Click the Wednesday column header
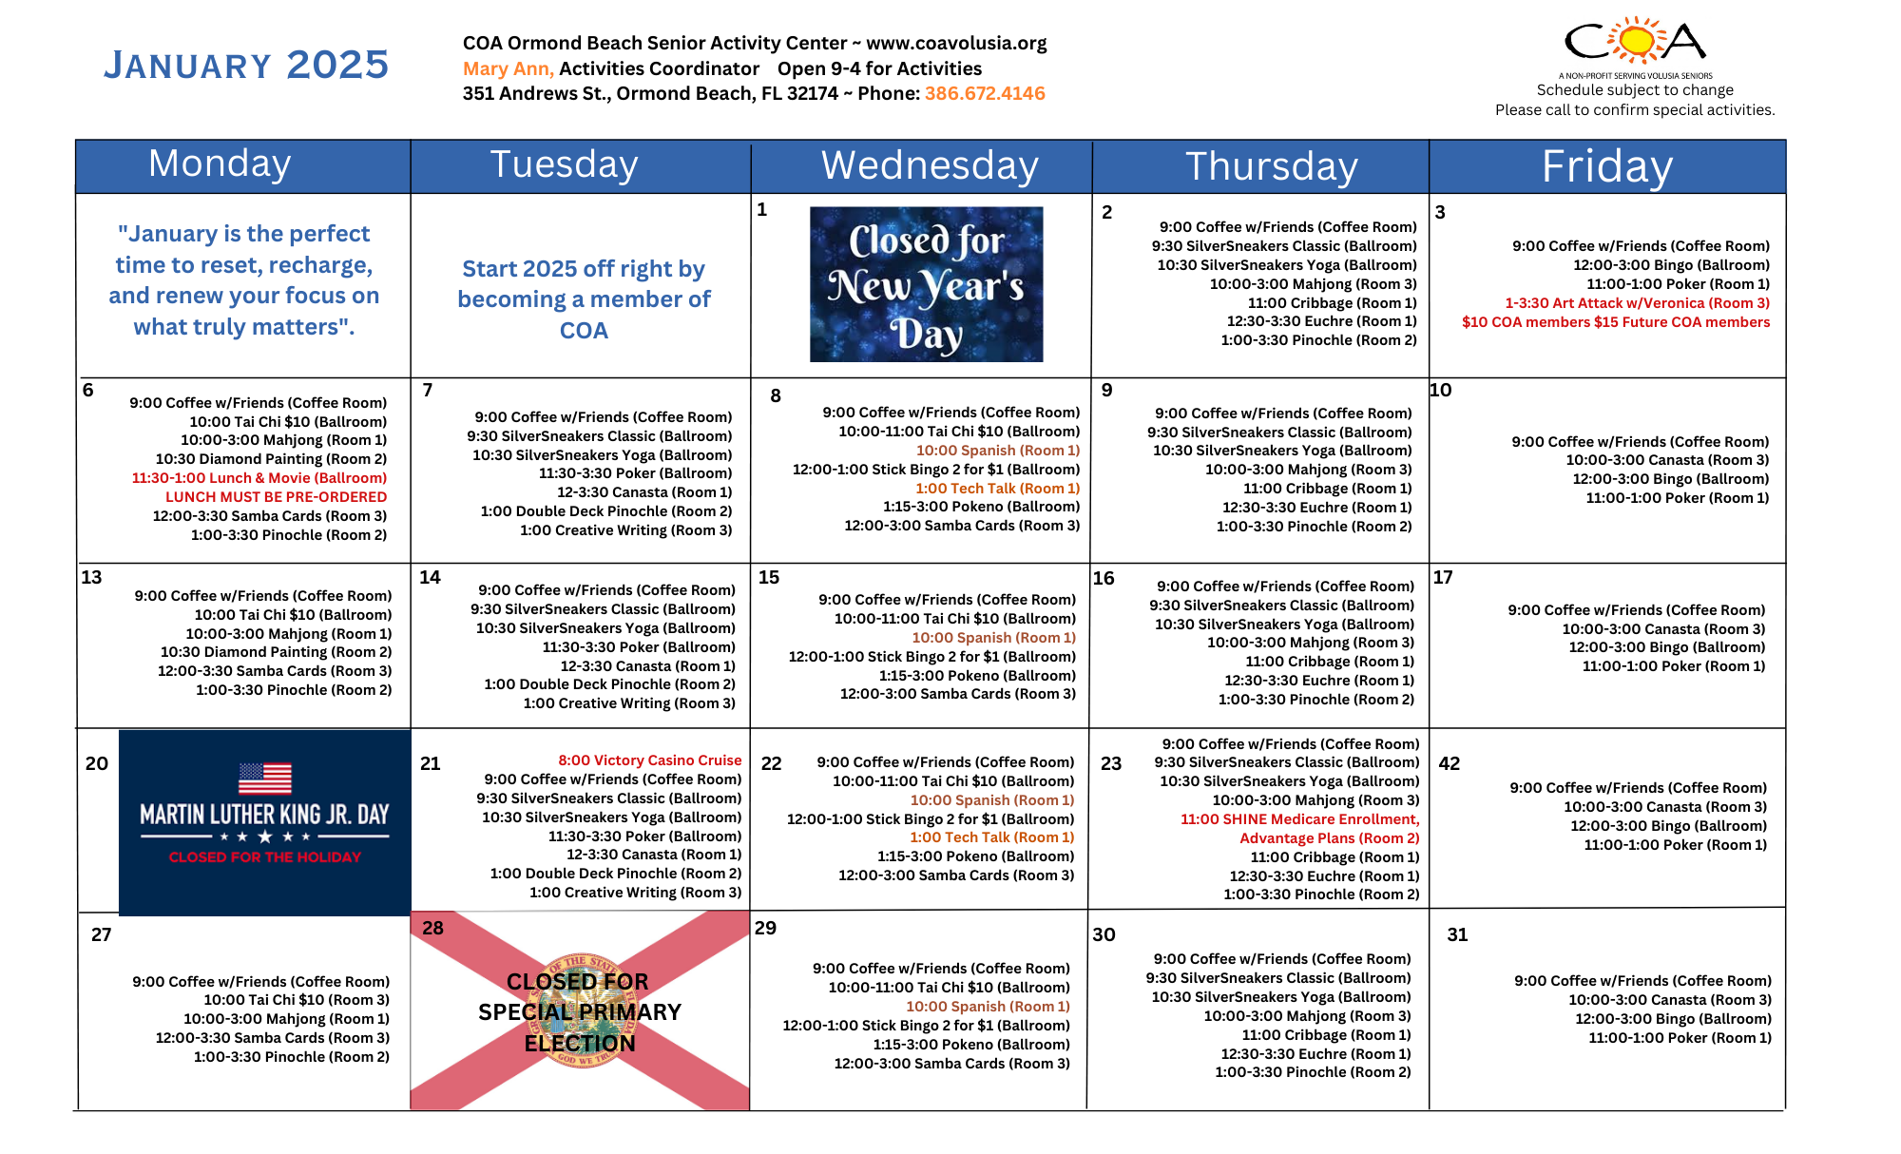[x=929, y=166]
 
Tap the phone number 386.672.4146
[x=985, y=93]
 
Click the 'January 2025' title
[x=246, y=65]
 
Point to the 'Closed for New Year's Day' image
[x=926, y=284]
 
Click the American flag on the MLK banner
[x=264, y=778]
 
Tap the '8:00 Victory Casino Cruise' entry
[x=649, y=760]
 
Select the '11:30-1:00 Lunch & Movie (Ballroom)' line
[x=259, y=478]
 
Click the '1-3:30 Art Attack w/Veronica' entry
[x=1637, y=303]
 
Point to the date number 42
[x=1449, y=763]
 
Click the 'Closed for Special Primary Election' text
[x=579, y=1012]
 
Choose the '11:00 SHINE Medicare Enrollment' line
[x=1299, y=819]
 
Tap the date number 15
[x=769, y=577]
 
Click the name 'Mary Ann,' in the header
[x=508, y=68]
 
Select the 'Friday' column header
[x=1606, y=167]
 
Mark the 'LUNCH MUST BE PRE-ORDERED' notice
[x=276, y=497]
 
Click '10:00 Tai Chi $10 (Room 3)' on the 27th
[x=296, y=1000]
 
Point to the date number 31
[x=1457, y=934]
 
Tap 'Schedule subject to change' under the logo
[x=1635, y=90]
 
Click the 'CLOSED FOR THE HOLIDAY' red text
[x=264, y=857]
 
